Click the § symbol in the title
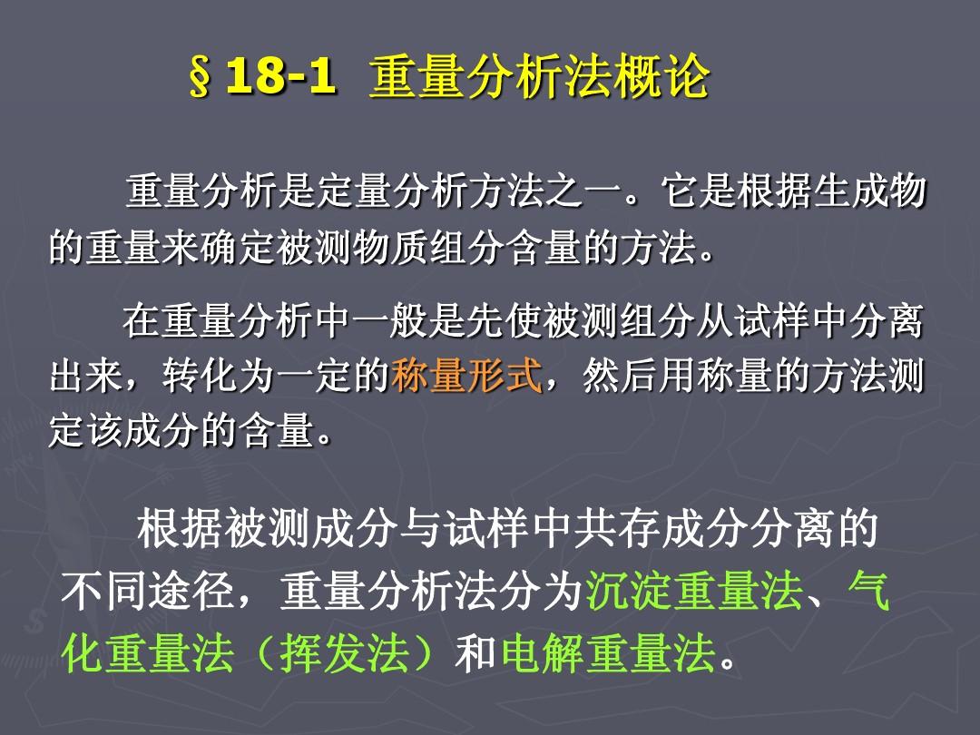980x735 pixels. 201,80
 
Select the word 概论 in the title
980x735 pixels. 673,79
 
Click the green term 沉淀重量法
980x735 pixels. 693,594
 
